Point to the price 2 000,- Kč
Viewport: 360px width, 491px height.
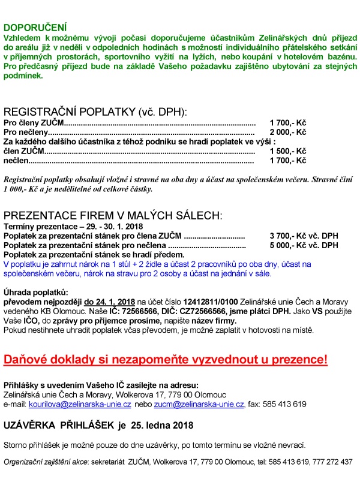point(288,132)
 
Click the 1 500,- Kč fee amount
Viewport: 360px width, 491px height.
point(288,151)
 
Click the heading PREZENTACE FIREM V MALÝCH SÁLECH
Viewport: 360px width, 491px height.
point(113,216)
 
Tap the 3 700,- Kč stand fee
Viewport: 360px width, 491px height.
point(288,236)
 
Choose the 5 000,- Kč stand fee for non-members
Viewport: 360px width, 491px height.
point(288,245)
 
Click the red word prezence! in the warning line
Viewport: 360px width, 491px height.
point(299,360)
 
